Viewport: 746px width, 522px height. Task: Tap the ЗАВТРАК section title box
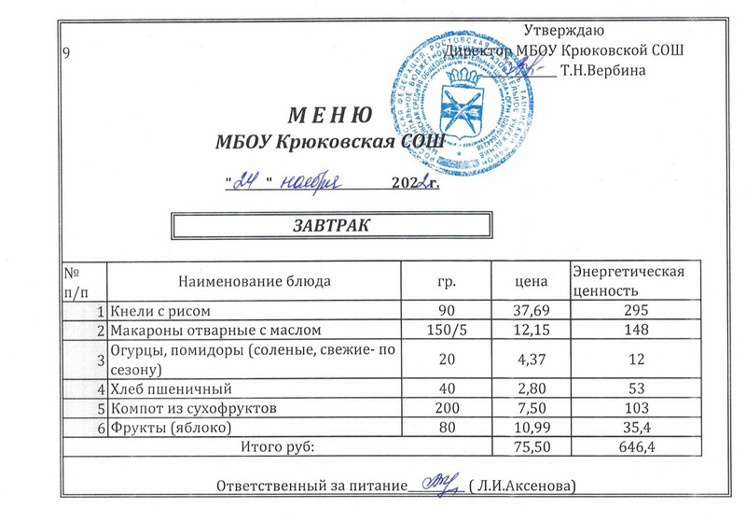317,226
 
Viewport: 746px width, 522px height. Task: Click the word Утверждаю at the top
568,30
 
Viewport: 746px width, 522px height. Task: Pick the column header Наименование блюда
254,280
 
